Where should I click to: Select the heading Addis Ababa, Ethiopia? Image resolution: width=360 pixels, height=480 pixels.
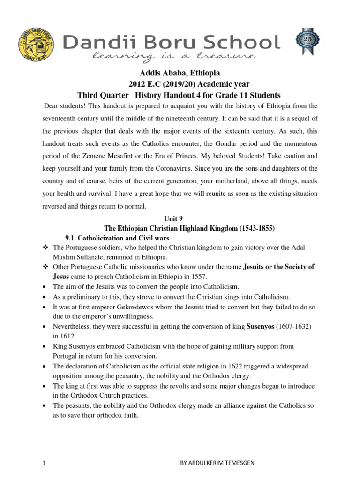[180, 74]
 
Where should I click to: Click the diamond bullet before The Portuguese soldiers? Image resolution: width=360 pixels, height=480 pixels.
[45, 247]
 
